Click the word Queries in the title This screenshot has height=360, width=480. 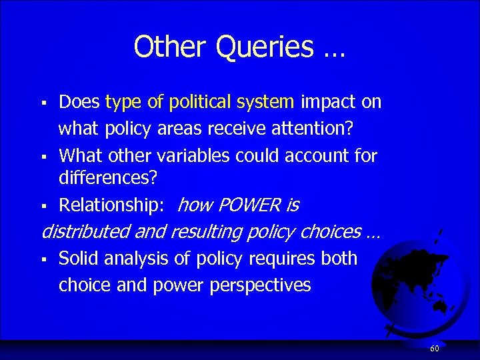[x=266, y=47]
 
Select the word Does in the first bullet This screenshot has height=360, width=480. [x=80, y=102]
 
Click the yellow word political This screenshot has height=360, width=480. [x=201, y=102]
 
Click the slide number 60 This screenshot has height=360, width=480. [x=434, y=349]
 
